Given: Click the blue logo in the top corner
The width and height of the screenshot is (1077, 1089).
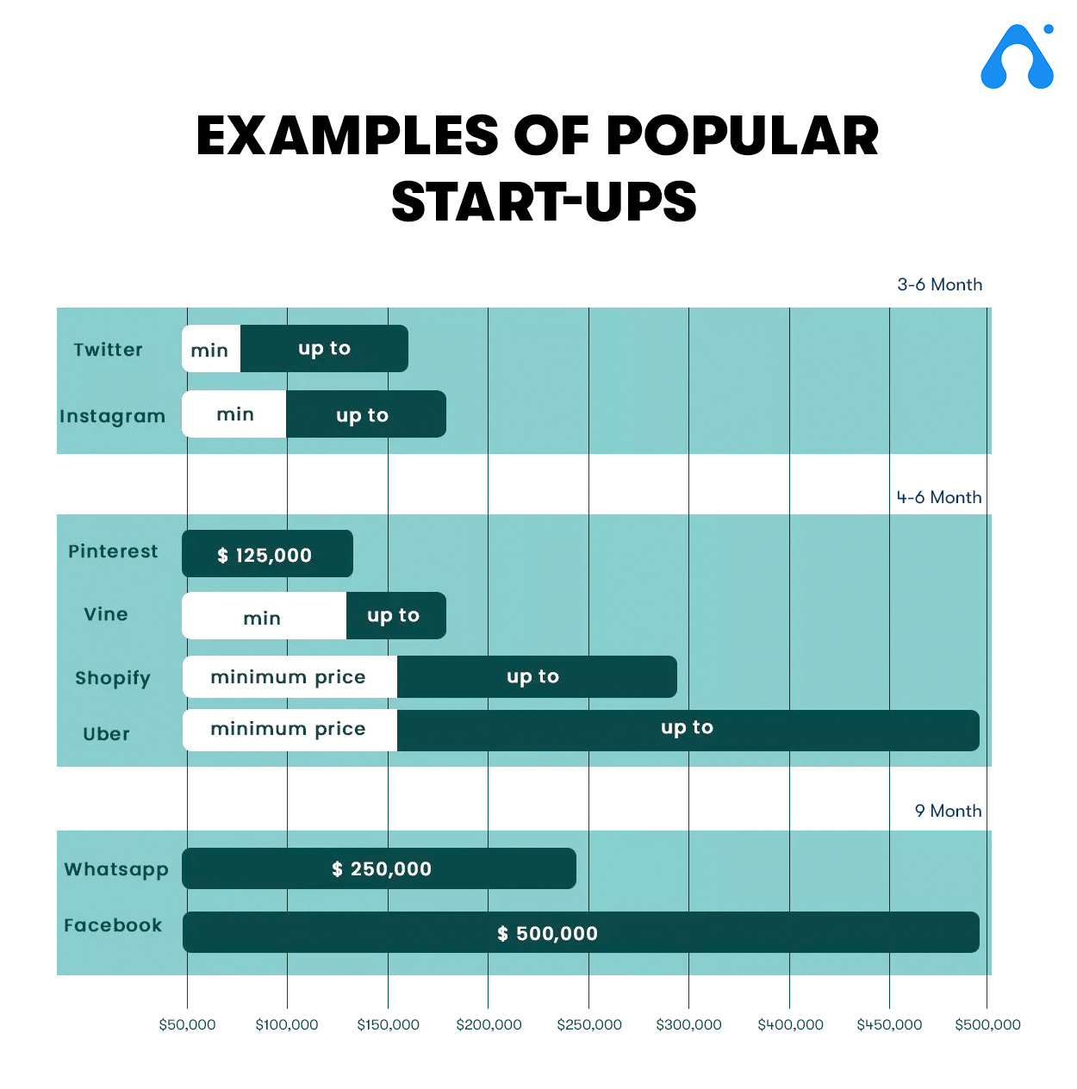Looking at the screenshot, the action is [x=1017, y=56].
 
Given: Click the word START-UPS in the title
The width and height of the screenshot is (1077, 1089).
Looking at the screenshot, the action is [x=544, y=202].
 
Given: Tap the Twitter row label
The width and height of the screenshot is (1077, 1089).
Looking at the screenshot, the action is [x=108, y=349].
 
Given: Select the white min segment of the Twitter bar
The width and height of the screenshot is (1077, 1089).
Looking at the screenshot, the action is [x=211, y=348].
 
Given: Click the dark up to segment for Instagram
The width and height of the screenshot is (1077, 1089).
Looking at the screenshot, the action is [x=366, y=414].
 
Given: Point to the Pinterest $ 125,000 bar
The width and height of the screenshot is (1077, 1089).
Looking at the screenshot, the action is [x=267, y=553].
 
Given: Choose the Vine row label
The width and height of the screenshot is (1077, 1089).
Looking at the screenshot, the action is [x=106, y=613].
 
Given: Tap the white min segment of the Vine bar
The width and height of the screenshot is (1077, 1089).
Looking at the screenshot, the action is [x=264, y=615].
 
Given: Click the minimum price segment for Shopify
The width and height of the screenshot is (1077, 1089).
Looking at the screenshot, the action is [x=290, y=676].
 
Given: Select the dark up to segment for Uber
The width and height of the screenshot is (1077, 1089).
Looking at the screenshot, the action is [x=688, y=730].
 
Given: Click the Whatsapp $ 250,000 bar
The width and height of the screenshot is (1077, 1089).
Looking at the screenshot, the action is [x=379, y=868].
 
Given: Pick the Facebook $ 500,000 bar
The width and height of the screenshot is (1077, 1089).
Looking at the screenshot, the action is [x=581, y=932].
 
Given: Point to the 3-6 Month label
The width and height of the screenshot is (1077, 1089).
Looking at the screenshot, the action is [x=940, y=284].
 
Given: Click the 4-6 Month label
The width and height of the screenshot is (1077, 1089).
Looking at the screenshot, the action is [x=939, y=497].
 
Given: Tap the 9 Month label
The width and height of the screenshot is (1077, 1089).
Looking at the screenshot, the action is [x=948, y=811].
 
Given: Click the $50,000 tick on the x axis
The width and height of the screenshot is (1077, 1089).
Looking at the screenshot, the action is [x=187, y=1024].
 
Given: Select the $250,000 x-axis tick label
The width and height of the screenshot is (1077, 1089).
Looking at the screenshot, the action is [x=589, y=1024].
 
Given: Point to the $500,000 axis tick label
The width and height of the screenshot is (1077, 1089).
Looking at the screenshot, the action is [x=987, y=1024].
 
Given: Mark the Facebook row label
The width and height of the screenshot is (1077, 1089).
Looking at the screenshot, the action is [x=113, y=925].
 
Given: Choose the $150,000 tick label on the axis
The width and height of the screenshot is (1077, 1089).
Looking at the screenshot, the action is [x=388, y=1024].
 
